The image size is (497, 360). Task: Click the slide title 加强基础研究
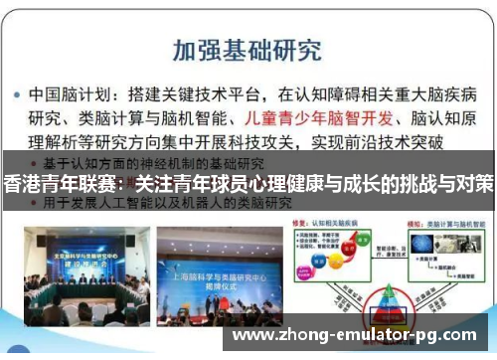247,49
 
